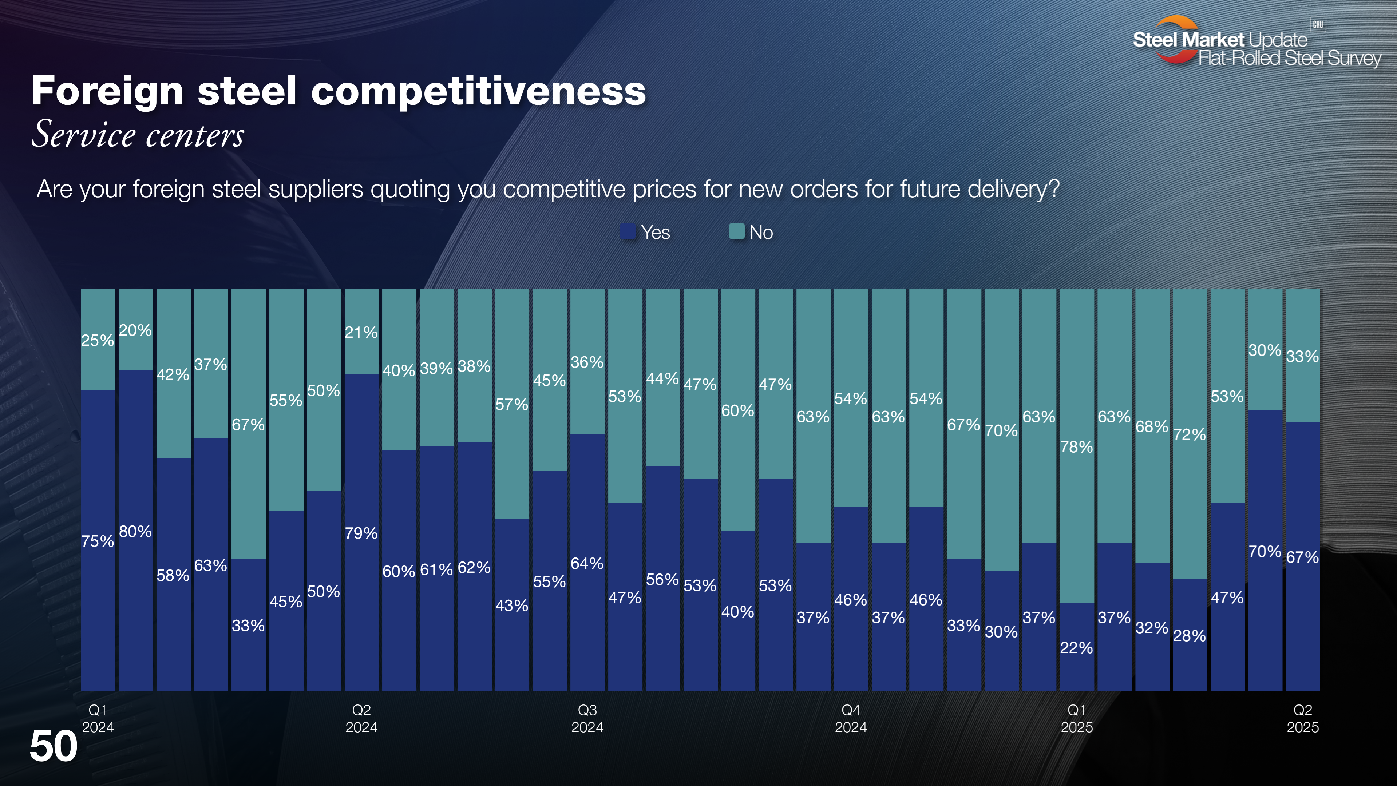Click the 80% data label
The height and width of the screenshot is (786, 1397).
click(135, 532)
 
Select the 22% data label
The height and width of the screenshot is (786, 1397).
click(1076, 648)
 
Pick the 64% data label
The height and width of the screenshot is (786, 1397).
click(587, 564)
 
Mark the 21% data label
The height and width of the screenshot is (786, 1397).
click(361, 332)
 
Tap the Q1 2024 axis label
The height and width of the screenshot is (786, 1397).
click(98, 718)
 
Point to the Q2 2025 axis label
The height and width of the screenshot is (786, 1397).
click(1303, 718)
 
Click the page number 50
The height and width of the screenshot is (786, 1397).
click(54, 746)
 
